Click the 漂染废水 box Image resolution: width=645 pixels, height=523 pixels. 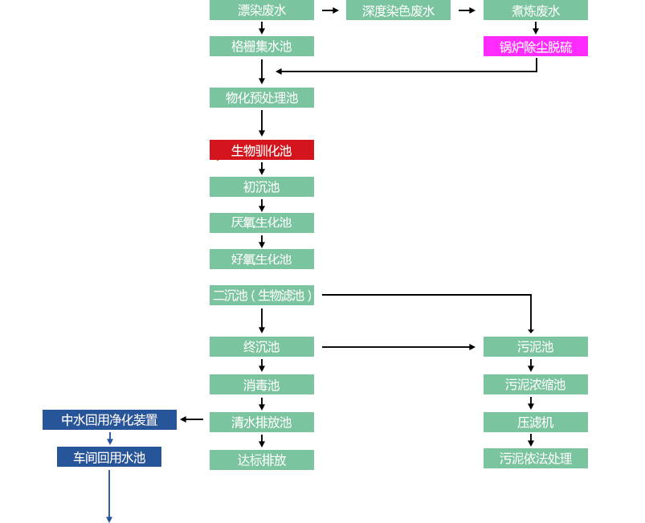tap(262, 10)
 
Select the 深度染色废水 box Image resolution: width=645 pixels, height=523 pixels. tap(398, 10)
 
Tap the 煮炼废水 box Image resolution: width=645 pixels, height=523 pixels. tap(535, 10)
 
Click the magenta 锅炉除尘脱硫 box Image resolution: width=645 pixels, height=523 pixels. tap(535, 47)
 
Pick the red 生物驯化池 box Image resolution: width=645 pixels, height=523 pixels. tap(262, 150)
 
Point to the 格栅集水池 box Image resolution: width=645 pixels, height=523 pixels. tap(262, 46)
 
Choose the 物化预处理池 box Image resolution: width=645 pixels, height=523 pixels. tap(262, 98)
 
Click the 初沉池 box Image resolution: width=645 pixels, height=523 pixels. tap(262, 186)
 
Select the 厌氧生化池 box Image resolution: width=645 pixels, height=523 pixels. tap(262, 223)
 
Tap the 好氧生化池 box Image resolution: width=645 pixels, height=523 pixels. tap(262, 259)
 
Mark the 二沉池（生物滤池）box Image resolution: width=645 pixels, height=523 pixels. tap(262, 295)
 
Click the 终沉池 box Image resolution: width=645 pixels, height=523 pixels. tap(262, 347)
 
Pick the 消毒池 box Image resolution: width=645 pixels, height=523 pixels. tap(262, 385)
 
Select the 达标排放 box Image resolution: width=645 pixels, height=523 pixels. tap(262, 460)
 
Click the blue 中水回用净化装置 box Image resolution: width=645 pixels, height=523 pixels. tap(110, 419)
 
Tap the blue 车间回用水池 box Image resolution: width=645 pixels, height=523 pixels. tap(109, 457)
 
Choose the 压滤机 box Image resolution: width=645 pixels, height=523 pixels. tap(535, 422)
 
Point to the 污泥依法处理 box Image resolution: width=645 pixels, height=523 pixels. tap(535, 458)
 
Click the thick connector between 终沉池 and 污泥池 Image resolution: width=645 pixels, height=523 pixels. tap(398, 347)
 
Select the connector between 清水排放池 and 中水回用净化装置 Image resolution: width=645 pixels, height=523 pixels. tap(191, 419)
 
